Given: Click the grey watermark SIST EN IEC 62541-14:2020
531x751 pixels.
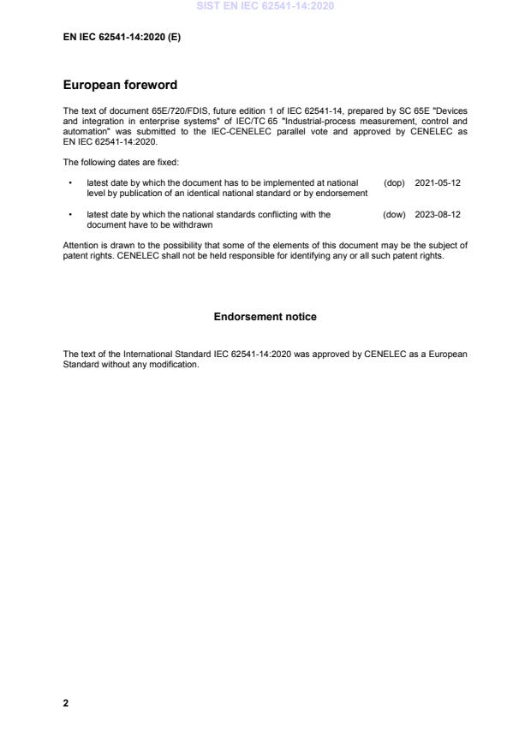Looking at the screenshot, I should tap(265, 6).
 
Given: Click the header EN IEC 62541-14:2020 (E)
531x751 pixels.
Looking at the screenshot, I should tap(122, 37).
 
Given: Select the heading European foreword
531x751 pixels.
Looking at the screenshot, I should tap(121, 85).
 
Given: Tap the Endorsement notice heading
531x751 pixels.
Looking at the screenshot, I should tap(265, 317).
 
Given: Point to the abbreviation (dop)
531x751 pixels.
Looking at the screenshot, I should tap(394, 183).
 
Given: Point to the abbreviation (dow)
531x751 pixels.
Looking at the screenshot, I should tap(394, 215).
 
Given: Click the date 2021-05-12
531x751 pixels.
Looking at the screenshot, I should tap(438, 183).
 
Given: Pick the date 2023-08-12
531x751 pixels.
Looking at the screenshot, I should tap(438, 215).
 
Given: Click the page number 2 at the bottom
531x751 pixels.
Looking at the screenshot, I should tap(66, 703).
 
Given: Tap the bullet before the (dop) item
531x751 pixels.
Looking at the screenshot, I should tap(69, 183).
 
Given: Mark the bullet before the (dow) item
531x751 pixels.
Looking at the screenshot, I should tap(69, 215).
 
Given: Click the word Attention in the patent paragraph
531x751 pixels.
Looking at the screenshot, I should tap(80, 246).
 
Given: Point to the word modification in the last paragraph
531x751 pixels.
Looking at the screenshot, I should tap(176, 364).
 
